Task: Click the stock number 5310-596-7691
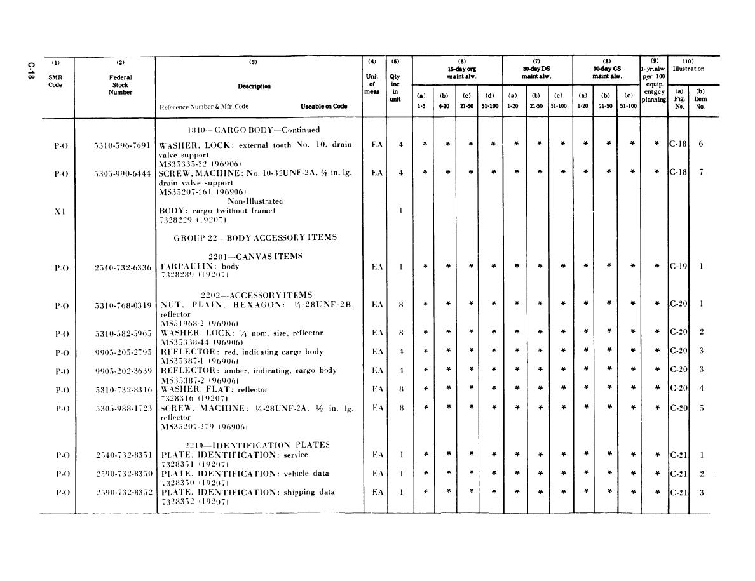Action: pos(122,145)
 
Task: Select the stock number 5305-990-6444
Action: pos(122,173)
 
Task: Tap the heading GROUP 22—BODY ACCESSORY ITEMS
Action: pos(255,237)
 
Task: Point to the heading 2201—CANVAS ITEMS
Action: pos(255,257)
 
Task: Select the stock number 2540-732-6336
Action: pos(123,267)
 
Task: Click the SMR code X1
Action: pos(59,211)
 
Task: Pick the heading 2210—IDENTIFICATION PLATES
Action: pos(257,445)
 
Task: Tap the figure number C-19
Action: pos(679,267)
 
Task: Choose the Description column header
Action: pos(254,86)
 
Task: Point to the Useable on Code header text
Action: pos(323,107)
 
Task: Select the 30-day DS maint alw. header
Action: pos(536,72)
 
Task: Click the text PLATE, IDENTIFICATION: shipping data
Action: pos(248,492)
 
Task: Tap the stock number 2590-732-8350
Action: pos(123,474)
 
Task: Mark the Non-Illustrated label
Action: pos(255,201)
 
